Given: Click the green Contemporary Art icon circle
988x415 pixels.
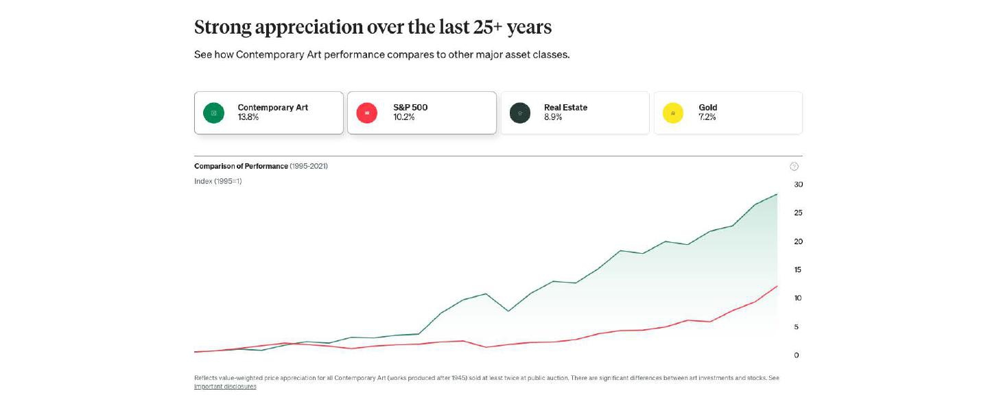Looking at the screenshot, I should click(x=213, y=112).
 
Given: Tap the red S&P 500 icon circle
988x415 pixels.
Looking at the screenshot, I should click(x=367, y=112).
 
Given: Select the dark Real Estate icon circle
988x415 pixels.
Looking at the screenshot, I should click(x=520, y=112).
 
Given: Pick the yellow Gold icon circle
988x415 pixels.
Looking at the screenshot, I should click(x=673, y=112).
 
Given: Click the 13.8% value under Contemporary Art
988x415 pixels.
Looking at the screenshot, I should click(x=248, y=117).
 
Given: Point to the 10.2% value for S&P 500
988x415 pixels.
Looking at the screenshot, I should click(x=403, y=117).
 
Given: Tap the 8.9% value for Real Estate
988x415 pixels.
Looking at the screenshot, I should click(x=553, y=117).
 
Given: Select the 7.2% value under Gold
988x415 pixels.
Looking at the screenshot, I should click(x=707, y=117).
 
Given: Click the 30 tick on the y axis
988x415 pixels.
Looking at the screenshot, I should click(x=798, y=185).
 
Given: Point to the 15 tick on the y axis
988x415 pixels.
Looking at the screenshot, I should click(x=798, y=270).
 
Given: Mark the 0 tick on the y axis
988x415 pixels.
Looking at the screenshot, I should click(x=797, y=355).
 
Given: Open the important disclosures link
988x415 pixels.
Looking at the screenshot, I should click(x=225, y=387).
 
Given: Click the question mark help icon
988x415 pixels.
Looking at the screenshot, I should click(x=795, y=167).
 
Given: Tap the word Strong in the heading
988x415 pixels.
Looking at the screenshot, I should click(x=222, y=27).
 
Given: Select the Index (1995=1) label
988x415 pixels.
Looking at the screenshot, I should click(x=218, y=182).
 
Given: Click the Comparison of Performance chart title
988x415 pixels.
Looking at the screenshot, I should click(x=241, y=167).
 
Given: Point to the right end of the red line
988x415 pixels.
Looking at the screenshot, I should click(x=777, y=285).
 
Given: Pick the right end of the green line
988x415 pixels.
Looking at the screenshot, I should click(x=777, y=194).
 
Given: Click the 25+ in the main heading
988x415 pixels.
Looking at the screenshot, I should click(x=487, y=27).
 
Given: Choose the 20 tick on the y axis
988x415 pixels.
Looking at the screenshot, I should click(x=798, y=241).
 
